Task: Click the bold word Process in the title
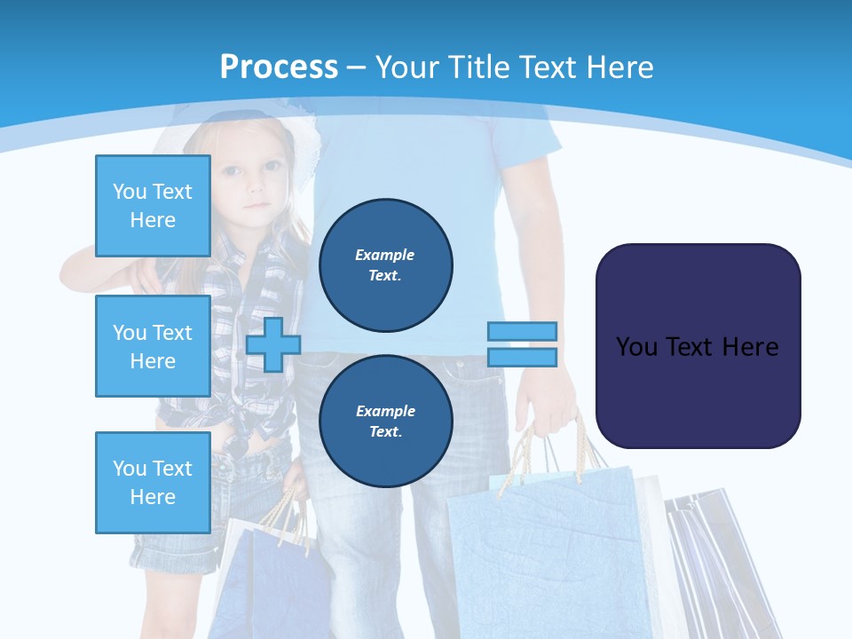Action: click(x=279, y=67)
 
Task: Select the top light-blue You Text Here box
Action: click(x=153, y=206)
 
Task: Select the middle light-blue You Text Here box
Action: click(x=153, y=346)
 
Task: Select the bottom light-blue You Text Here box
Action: click(x=153, y=483)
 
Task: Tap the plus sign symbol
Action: click(x=273, y=344)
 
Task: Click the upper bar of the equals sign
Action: click(x=522, y=331)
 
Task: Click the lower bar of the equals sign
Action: click(x=522, y=358)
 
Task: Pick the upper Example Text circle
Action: click(x=386, y=265)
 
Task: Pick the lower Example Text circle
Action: click(x=386, y=422)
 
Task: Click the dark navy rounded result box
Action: click(x=698, y=346)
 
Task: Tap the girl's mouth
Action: click(x=258, y=206)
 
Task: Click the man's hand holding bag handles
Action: click(x=548, y=399)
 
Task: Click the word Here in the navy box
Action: click(x=749, y=347)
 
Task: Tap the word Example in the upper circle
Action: click(x=385, y=255)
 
